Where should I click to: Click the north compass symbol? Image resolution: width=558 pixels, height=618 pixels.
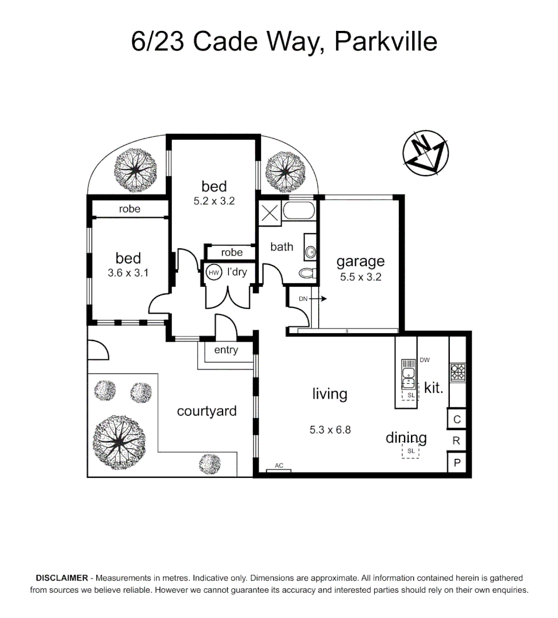425,153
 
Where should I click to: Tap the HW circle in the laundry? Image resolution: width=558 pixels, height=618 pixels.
213,272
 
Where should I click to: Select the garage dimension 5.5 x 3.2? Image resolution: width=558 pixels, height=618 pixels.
360,277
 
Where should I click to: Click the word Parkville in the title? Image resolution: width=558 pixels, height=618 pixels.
385,42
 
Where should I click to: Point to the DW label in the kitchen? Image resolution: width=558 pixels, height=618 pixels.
424,360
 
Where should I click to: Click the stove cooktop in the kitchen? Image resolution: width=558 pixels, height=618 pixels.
457,373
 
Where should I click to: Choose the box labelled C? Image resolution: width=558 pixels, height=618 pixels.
457,419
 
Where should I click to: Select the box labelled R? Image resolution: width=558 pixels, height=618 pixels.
457,441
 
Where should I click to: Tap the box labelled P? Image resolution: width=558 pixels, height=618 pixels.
457,462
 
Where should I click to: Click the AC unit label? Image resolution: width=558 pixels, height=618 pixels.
279,466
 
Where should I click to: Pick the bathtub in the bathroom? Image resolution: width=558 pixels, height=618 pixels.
299,212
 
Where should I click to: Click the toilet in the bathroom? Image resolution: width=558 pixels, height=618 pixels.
307,273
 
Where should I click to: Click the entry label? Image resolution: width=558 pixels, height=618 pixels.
226,350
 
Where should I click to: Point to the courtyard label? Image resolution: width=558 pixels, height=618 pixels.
207,411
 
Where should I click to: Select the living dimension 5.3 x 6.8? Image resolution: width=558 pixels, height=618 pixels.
330,429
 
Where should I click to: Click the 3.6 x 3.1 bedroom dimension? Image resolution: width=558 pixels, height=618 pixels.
128,273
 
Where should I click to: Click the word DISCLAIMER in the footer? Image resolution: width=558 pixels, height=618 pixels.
62,579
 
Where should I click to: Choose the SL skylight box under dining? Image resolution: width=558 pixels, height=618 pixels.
410,451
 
